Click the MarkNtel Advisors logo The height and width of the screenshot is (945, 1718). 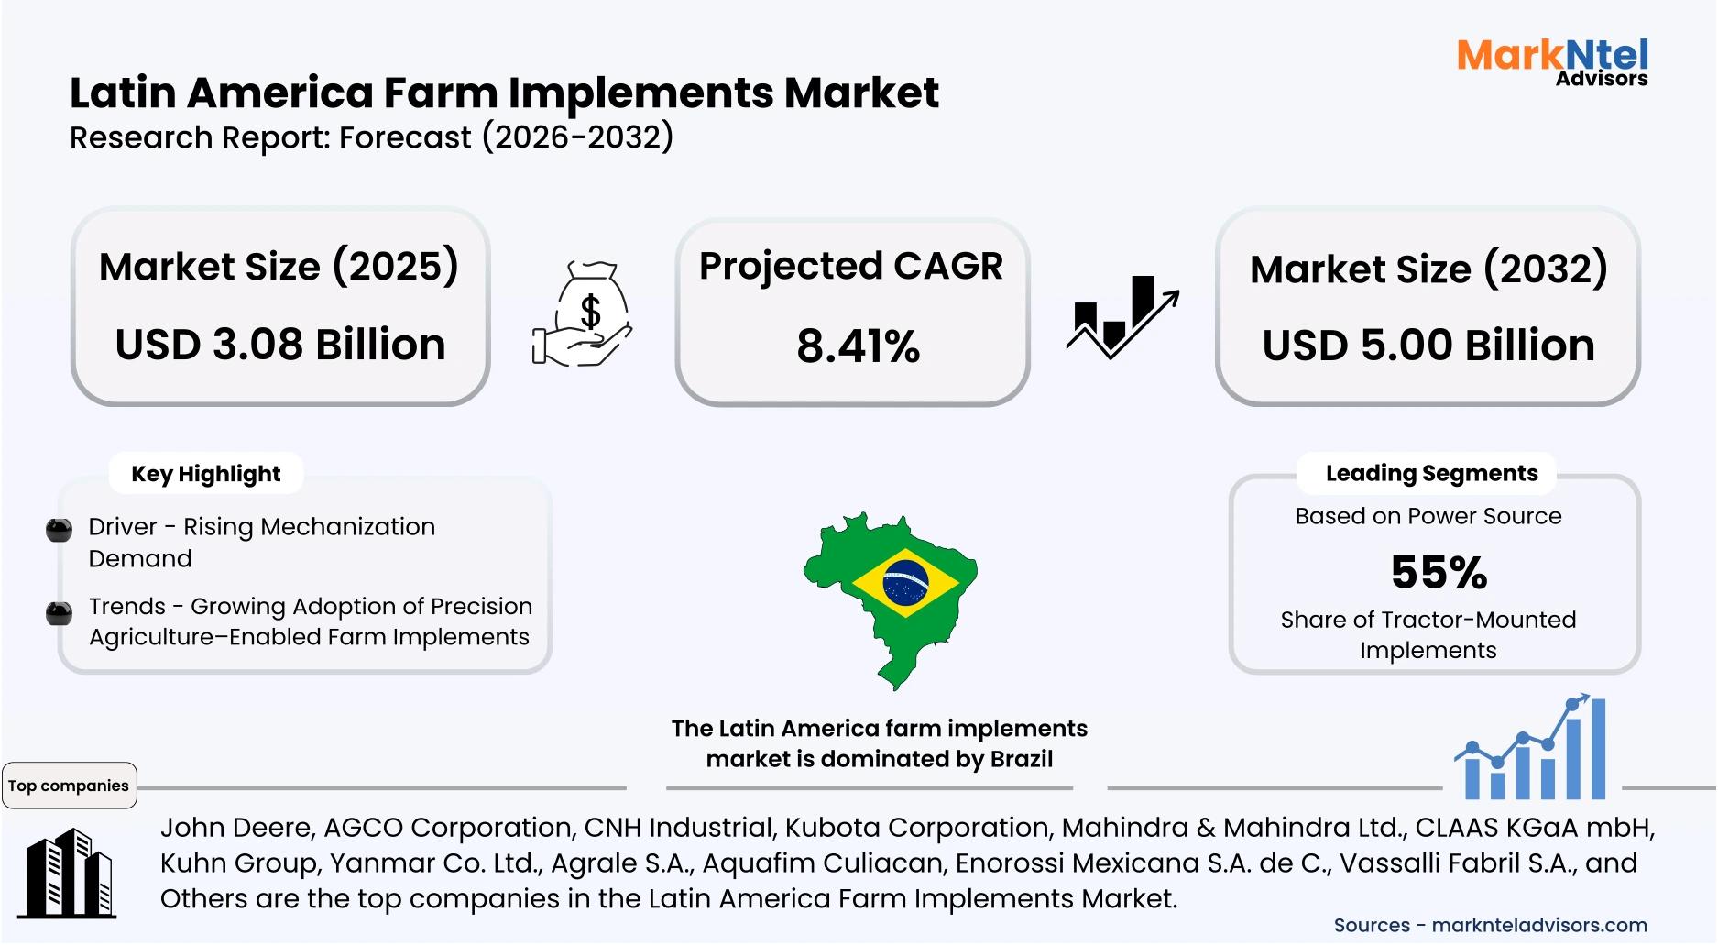(1552, 62)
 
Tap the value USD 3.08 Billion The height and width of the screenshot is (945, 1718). (280, 345)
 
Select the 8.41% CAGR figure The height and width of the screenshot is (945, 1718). (858, 346)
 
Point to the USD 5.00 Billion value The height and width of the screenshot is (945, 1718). (1428, 346)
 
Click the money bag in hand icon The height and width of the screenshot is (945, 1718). (584, 314)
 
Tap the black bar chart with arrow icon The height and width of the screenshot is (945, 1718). (1122, 316)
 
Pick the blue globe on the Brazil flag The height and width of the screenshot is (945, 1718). (905, 583)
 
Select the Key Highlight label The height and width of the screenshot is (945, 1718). (206, 474)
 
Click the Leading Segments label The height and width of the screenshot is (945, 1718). (1431, 473)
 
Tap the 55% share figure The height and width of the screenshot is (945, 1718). (1439, 573)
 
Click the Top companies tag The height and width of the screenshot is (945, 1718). (69, 786)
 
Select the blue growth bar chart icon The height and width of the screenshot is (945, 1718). (1531, 750)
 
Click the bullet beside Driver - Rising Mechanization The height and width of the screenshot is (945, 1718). (59, 530)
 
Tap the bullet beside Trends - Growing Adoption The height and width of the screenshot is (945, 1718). (59, 612)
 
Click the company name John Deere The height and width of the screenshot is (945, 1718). (237, 828)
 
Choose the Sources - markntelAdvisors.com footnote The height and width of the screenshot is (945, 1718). (1490, 926)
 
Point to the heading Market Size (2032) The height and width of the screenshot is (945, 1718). (1428, 269)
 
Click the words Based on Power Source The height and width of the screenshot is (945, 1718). (1428, 516)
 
